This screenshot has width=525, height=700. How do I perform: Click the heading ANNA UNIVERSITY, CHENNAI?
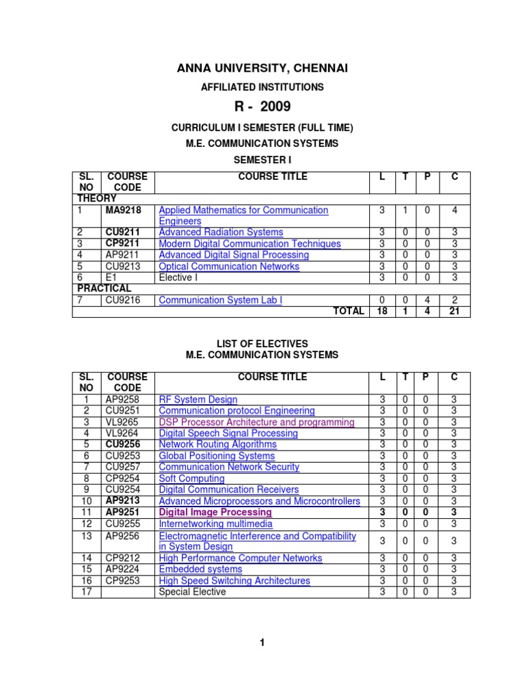(263, 68)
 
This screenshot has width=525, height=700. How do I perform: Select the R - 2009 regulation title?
(263, 106)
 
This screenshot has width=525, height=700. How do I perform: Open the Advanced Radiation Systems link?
(221, 232)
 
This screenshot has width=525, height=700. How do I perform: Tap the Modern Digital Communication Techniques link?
(250, 244)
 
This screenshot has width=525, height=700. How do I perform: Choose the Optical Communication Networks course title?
(229, 267)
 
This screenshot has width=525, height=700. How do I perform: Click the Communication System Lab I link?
(220, 300)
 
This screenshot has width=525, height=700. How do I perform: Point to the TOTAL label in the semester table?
(348, 311)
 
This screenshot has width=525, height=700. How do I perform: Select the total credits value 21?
(455, 311)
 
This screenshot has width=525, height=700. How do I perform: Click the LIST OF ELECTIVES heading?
(263, 343)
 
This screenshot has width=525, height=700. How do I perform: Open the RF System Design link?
(198, 400)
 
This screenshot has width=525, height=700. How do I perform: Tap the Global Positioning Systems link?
(217, 456)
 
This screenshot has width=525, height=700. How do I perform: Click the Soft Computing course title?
(191, 479)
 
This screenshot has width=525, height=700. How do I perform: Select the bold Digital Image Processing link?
(215, 512)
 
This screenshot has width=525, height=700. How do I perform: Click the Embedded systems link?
(200, 569)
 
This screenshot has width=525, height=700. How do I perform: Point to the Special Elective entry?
(192, 592)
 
